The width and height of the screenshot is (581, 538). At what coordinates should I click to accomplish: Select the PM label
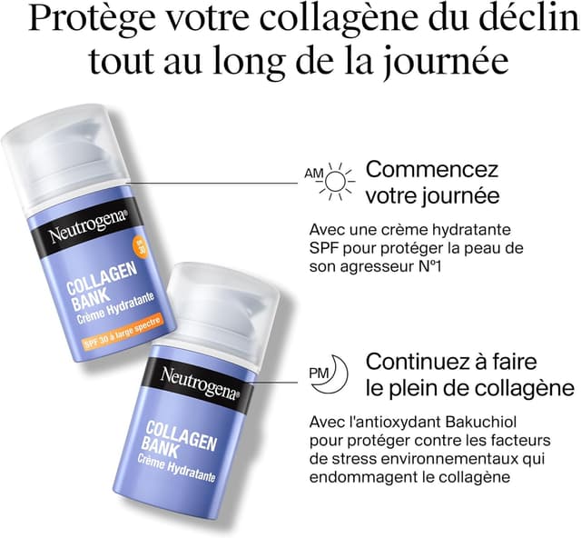[319, 374]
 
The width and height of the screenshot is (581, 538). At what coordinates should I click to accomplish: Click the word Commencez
[432, 169]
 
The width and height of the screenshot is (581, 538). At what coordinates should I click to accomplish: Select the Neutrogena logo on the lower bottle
[200, 383]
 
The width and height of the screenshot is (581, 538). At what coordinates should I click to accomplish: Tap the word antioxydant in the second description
[389, 426]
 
